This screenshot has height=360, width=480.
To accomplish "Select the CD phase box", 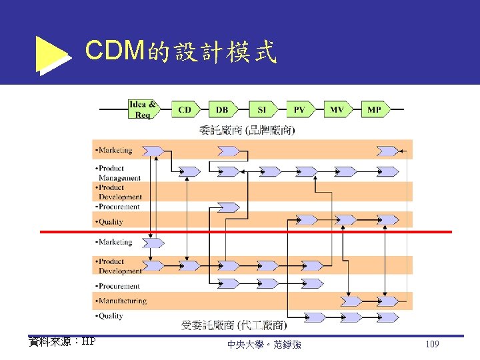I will (185, 110).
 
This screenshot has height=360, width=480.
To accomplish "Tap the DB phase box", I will (222, 110).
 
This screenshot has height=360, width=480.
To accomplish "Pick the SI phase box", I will (261, 110).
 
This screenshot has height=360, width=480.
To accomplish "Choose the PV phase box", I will (299, 110).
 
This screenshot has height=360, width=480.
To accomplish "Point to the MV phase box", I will (337, 110).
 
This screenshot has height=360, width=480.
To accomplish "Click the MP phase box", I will (374, 110).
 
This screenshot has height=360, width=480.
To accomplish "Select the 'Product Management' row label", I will (119, 173).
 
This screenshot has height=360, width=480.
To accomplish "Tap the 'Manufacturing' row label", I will (121, 301).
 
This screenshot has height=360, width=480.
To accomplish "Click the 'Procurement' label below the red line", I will (119, 286).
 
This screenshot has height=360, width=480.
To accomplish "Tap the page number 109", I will (431, 345).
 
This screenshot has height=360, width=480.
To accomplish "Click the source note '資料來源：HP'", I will (62, 341).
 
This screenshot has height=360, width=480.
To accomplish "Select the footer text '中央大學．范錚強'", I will (264, 345).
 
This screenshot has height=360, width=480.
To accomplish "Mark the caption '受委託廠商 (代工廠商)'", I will (234, 325).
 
